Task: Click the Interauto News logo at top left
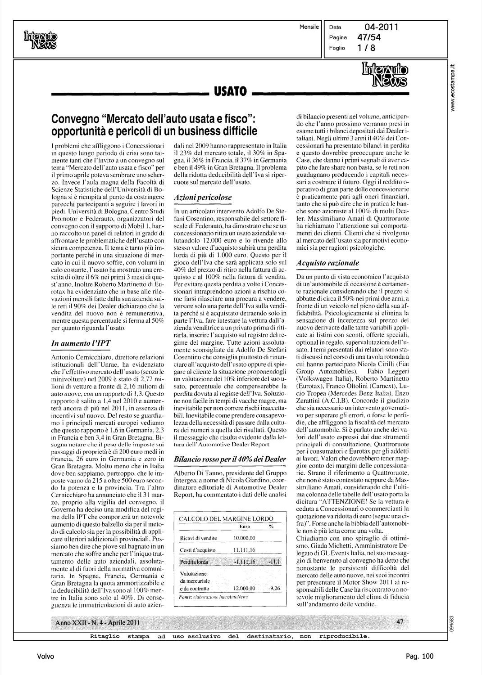pyautogui.click(x=38, y=40)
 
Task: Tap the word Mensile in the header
pyautogui.click(x=309, y=27)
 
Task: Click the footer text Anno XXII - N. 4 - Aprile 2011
pyautogui.click(x=97, y=623)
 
